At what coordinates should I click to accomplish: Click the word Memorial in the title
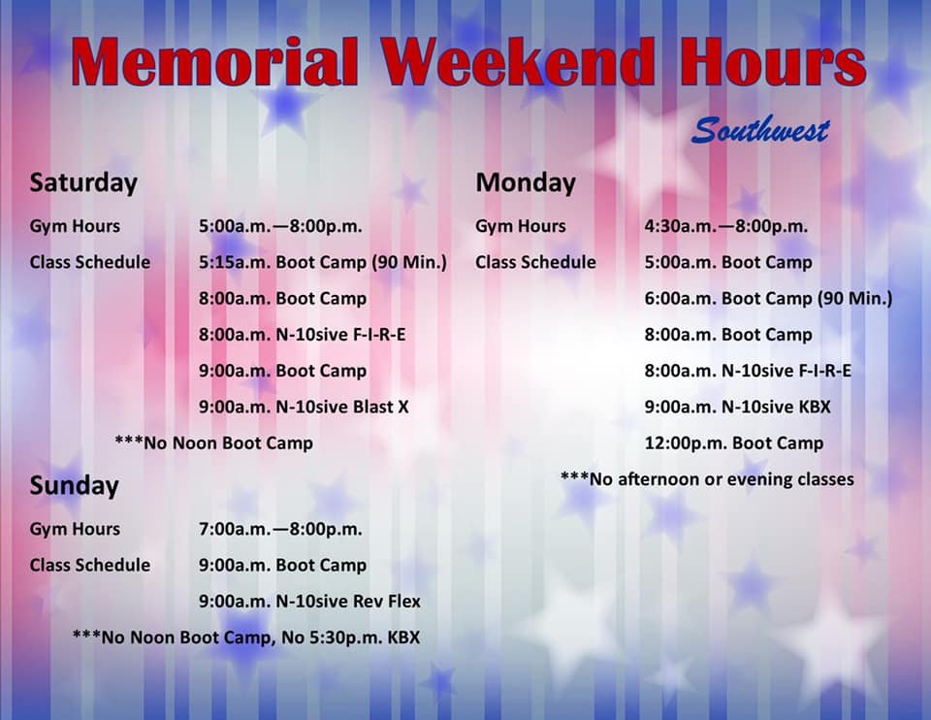coord(215,62)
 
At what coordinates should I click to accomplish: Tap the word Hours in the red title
coord(773,62)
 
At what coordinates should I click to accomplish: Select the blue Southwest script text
coord(760,129)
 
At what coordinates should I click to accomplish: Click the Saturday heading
coord(83,182)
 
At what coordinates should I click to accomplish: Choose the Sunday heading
coord(75,486)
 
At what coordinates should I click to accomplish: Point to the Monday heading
coord(526,182)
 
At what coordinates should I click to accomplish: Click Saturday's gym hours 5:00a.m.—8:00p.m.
coord(280,226)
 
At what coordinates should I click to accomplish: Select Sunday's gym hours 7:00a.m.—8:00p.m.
coord(280,529)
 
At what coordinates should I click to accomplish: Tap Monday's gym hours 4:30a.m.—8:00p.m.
coord(726,226)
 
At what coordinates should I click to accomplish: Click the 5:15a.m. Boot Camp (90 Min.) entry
coord(323,263)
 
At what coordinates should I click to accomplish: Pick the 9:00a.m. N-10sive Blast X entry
coord(304,407)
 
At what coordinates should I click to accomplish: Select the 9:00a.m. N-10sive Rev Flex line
coord(310,602)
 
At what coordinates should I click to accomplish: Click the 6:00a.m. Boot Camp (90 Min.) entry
coord(769,299)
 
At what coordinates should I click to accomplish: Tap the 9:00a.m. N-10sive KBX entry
coord(738,407)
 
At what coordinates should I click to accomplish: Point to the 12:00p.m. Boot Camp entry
coord(734,443)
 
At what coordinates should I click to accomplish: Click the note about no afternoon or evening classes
coord(707,479)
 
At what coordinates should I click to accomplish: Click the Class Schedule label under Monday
coord(535,263)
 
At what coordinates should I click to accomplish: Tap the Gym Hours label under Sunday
coord(75,529)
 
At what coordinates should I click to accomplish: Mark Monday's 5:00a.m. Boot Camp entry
coord(728,263)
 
